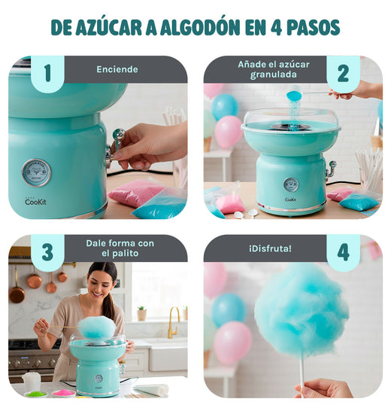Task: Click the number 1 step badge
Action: pyautogui.click(x=47, y=73)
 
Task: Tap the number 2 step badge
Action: pyautogui.click(x=343, y=73)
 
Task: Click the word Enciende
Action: pyautogui.click(x=117, y=69)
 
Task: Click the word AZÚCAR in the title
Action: pyautogui.click(x=114, y=27)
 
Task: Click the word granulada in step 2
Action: pyautogui.click(x=274, y=75)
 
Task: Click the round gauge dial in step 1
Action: pyautogui.click(x=36, y=172)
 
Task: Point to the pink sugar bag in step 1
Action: pyautogui.click(x=135, y=193)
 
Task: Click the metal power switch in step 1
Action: pyautogui.click(x=117, y=139)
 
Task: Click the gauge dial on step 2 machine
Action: pyautogui.click(x=291, y=184)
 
